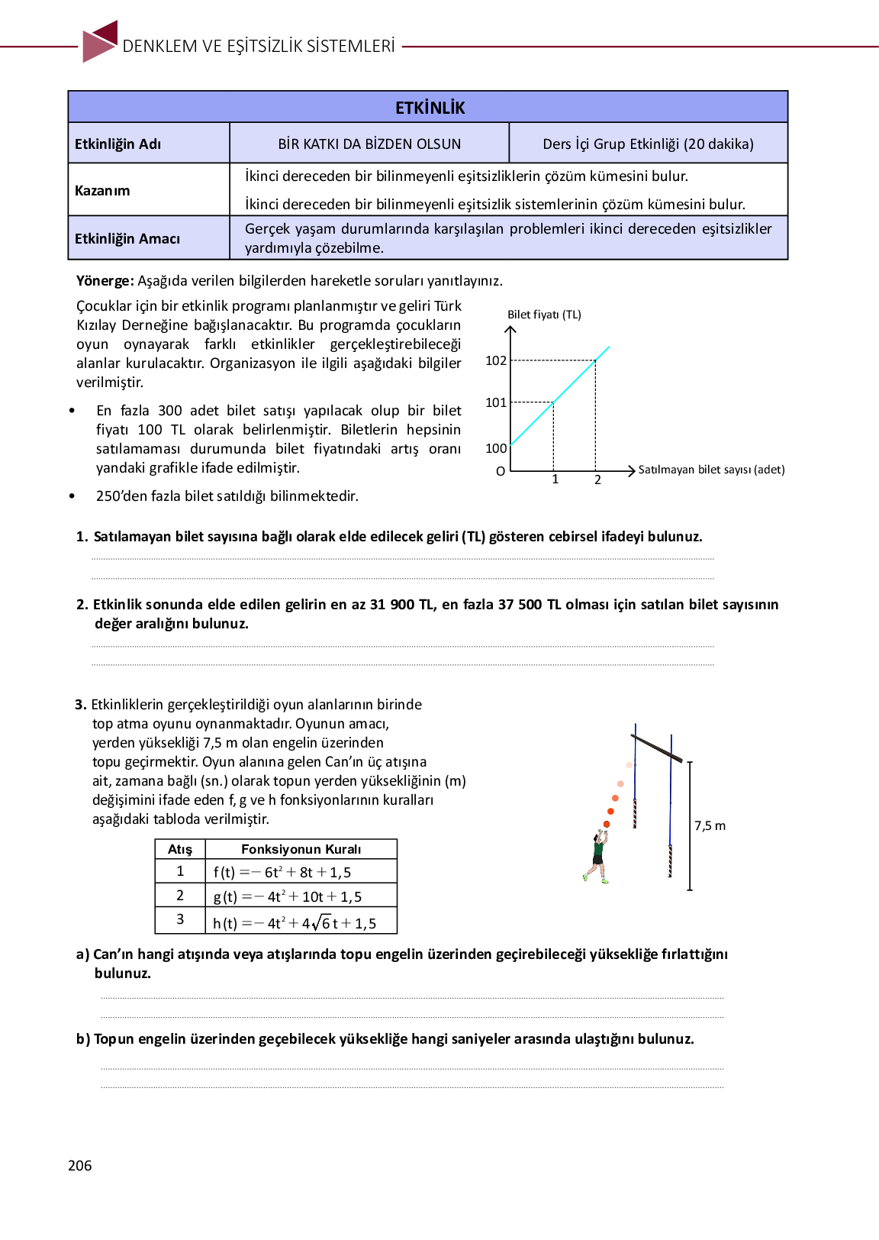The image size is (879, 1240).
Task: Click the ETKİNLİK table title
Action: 430,108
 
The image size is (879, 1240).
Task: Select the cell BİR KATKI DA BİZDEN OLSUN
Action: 369,144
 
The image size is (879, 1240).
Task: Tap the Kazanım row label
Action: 102,190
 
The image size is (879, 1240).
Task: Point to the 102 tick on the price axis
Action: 496,360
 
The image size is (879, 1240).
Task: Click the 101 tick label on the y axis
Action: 496,402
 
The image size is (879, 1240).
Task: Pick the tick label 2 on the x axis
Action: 597,480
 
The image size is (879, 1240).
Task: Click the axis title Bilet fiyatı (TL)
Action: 544,315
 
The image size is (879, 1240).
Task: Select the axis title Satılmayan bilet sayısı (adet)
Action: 711,470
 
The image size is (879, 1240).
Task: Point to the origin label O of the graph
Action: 501,472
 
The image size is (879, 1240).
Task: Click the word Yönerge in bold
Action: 105,281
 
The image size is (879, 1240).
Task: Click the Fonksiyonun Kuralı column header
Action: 301,849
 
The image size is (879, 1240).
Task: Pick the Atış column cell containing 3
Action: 180,919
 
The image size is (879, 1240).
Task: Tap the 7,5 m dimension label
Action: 710,825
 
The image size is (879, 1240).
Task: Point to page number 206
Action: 80,1165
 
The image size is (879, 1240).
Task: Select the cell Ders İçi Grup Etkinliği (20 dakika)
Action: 648,144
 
